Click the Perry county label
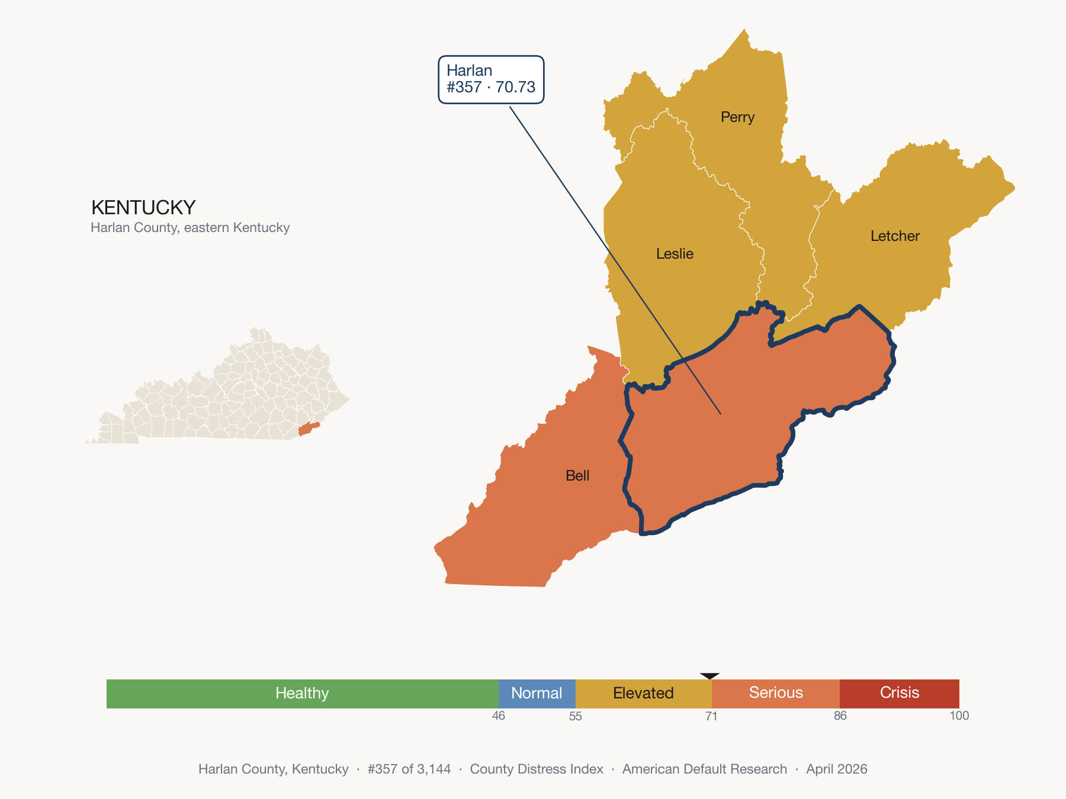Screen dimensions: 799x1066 pyautogui.click(x=737, y=117)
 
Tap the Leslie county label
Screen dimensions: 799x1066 pyautogui.click(x=675, y=254)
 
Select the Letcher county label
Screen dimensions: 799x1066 pyautogui.click(x=894, y=236)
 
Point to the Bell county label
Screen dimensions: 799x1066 pyautogui.click(x=577, y=476)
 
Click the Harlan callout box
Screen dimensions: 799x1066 pyautogui.click(x=491, y=79)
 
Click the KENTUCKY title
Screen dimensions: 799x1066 pyautogui.click(x=143, y=208)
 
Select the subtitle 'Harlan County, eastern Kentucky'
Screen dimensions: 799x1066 pyautogui.click(x=190, y=228)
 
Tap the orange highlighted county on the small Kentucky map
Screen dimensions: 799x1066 pyautogui.click(x=308, y=429)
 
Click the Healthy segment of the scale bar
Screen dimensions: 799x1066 pyautogui.click(x=302, y=693)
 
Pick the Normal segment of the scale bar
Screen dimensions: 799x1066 pyautogui.click(x=537, y=693)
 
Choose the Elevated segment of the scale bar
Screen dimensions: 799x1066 pyautogui.click(x=643, y=693)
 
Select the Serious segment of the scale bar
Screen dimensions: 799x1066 pyautogui.click(x=776, y=693)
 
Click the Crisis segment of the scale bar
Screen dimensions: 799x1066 pyautogui.click(x=899, y=693)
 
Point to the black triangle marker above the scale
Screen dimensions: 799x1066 pyautogui.click(x=709, y=675)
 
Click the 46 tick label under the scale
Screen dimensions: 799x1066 pyautogui.click(x=499, y=716)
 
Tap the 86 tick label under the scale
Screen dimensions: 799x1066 pyautogui.click(x=840, y=716)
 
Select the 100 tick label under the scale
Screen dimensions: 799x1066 pyautogui.click(x=959, y=716)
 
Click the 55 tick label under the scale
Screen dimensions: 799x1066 pyautogui.click(x=576, y=716)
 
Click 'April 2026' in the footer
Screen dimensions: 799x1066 pyautogui.click(x=836, y=769)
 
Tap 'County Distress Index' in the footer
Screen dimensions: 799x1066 pyautogui.click(x=537, y=769)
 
